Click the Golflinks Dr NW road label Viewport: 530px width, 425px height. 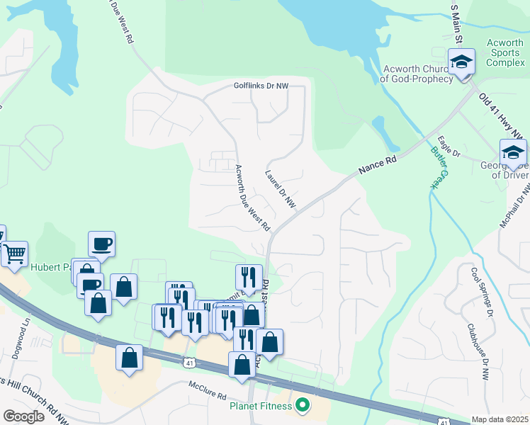click(261, 86)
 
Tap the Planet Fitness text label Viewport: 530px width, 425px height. click(261, 406)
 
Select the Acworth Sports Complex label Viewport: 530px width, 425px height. click(504, 53)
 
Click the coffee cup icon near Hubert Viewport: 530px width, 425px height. click(101, 244)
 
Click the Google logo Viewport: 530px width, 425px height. click(23, 416)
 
